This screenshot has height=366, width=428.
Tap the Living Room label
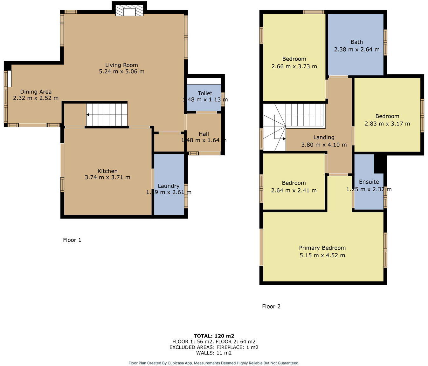click(121, 65)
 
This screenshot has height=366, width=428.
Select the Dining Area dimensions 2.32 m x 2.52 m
click(36, 98)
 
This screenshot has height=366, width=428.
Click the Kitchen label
click(107, 171)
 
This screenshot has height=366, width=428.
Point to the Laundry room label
click(169, 186)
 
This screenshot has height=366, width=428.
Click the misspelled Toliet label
click(205, 93)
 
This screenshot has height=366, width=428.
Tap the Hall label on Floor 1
click(204, 134)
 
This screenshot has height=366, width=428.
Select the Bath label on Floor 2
click(356, 42)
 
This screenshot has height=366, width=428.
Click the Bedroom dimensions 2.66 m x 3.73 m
click(294, 66)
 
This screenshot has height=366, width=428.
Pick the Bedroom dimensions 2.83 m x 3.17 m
click(387, 124)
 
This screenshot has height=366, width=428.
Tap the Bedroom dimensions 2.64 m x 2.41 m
click(293, 190)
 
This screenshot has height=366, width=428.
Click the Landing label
click(324, 137)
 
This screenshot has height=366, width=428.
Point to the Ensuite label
click(369, 182)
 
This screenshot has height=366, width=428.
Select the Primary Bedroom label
click(322, 248)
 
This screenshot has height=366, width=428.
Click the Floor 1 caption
click(72, 240)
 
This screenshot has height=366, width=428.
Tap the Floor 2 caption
click(271, 306)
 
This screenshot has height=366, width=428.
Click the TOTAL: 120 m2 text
click(214, 336)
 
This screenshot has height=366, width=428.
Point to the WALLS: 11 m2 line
click(214, 353)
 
